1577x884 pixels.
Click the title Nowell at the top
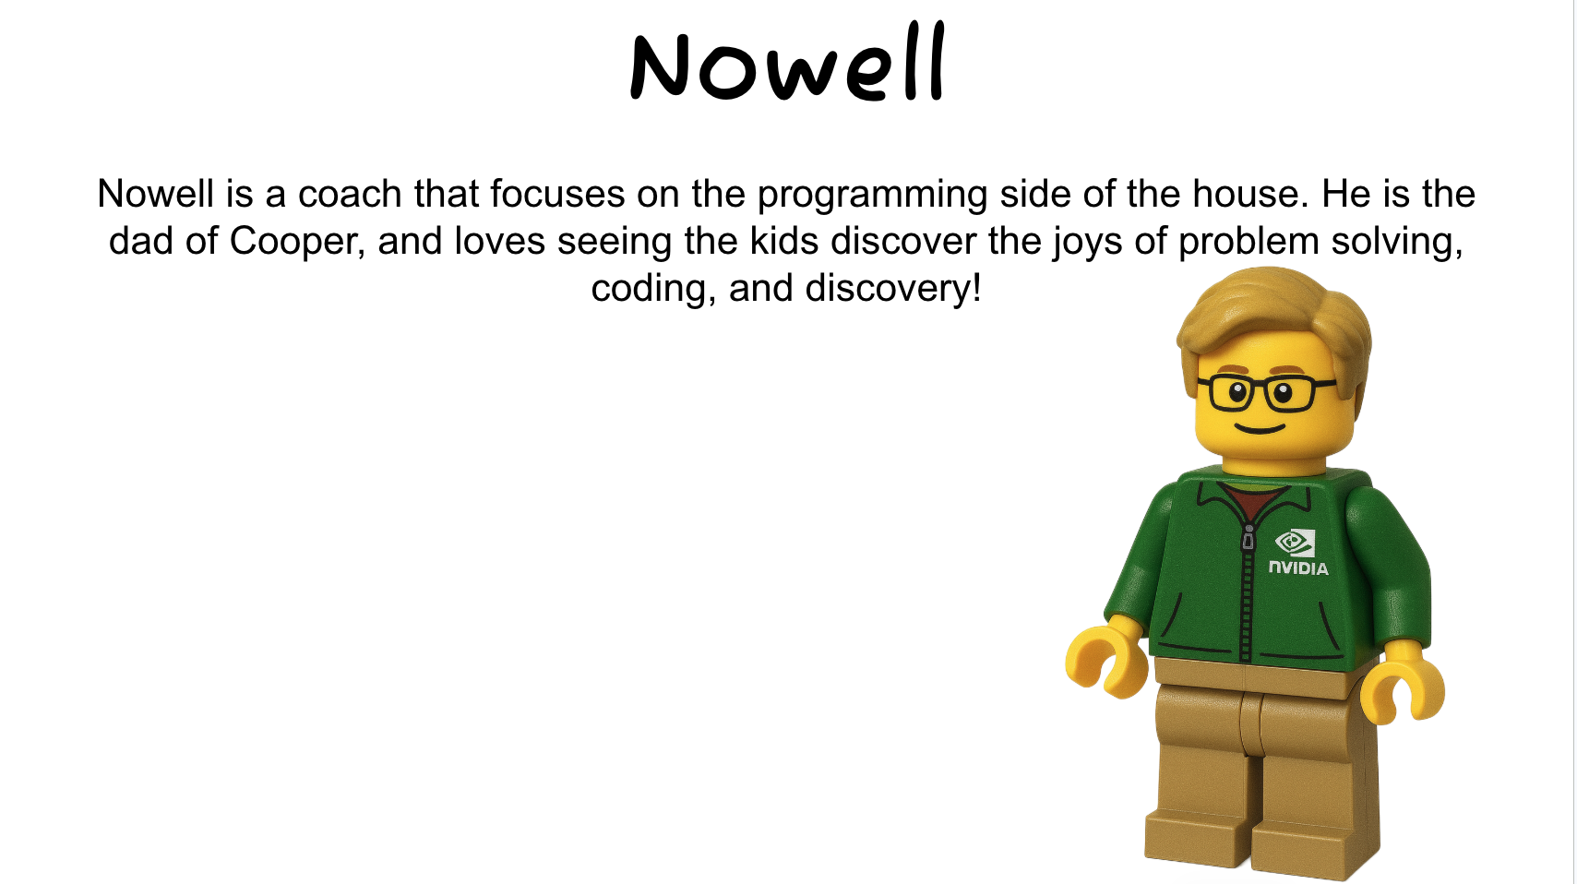coord(787,65)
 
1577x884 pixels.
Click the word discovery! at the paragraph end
coord(892,289)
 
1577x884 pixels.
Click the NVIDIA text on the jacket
coord(1298,567)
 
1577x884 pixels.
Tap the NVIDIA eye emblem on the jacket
coord(1294,542)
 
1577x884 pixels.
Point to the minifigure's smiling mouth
coord(1260,428)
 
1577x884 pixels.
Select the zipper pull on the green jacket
coord(1248,538)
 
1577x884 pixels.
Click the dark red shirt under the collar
coord(1252,503)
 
